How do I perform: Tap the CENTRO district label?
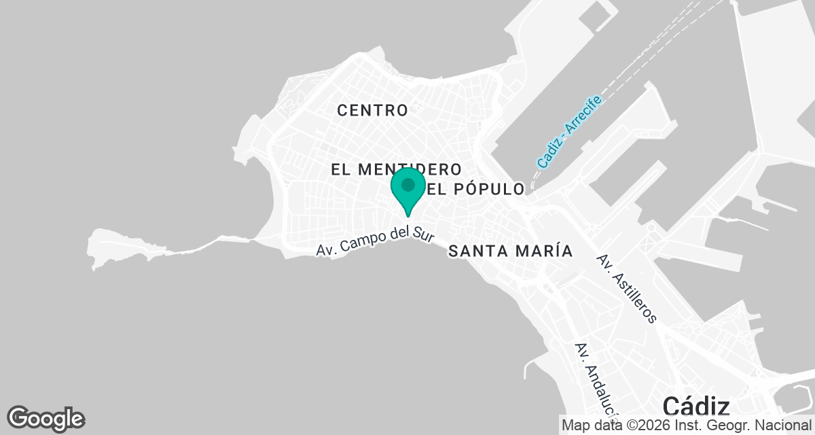click(372, 110)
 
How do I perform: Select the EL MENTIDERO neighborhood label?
click(397, 169)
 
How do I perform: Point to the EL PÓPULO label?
click(476, 189)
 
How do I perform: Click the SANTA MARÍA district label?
click(511, 251)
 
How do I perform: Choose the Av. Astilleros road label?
click(626, 288)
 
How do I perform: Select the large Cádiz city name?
click(695, 407)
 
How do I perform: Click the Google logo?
click(46, 418)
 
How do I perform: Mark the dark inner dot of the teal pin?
click(407, 185)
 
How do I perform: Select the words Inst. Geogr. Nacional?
click(746, 425)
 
